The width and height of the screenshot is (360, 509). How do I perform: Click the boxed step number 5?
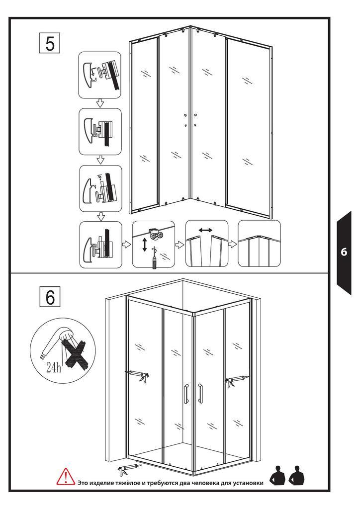pos(50,43)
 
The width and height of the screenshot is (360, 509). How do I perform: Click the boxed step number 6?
pos(50,297)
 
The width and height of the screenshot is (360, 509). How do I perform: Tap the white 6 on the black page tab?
pos(344,253)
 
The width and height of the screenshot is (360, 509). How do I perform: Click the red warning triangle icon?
pos(66,477)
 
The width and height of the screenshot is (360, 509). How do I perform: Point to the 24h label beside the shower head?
pos(53,368)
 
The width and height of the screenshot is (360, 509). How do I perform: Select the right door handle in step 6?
pos(200,392)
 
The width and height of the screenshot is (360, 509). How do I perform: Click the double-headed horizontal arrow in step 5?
pos(205,230)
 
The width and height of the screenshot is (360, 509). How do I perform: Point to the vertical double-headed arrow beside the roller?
pos(145,245)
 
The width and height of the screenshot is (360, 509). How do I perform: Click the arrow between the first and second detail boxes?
pos(99,103)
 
